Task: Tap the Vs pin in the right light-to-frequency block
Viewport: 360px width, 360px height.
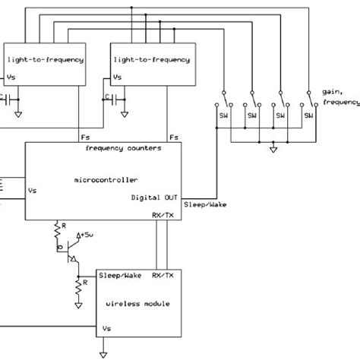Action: click(x=117, y=77)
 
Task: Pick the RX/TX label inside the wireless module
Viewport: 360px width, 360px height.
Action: click(x=163, y=276)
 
